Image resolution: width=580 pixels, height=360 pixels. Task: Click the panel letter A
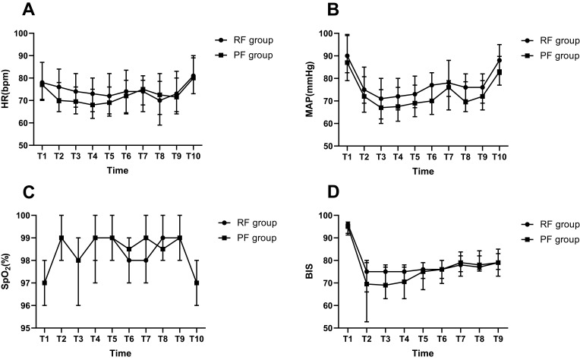pos(29,9)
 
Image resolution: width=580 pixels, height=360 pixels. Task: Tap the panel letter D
pos(333,191)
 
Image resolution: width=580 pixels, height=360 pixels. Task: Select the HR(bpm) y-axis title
pos(5,88)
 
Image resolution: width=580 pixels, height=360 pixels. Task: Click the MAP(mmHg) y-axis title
pos(310,89)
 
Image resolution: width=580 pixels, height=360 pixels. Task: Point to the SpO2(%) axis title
pos(6,272)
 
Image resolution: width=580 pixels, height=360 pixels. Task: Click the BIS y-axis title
pos(310,271)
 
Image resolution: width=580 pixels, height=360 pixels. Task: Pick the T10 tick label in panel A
pos(193,156)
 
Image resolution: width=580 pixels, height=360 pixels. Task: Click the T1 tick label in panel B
pos(347,157)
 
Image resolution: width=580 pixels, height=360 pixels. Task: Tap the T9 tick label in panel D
pos(498,339)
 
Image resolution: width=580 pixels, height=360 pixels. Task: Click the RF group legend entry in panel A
pos(244,40)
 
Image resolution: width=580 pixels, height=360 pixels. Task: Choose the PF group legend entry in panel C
pos(247,238)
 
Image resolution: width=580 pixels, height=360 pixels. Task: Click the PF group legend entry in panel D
pos(550,239)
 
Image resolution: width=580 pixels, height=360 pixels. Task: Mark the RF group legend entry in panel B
pos(550,41)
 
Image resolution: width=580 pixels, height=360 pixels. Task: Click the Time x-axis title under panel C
pos(120,353)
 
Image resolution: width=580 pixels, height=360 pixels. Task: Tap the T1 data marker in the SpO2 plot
pos(44,283)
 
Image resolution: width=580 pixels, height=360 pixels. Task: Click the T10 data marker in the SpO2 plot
pos(197,283)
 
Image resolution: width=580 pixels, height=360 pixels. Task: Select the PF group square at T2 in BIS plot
pos(367,284)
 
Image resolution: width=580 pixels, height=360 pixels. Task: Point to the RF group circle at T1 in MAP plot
pos(347,56)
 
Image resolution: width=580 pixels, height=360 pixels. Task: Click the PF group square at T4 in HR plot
pos(93,105)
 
